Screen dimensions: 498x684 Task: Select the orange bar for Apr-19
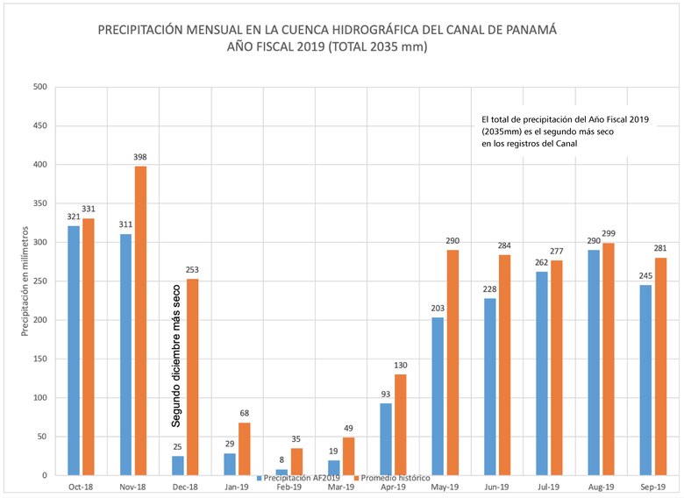(402, 424)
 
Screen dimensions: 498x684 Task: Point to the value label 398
(140, 157)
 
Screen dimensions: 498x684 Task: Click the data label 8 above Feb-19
(281, 460)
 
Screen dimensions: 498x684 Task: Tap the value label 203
(437, 309)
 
